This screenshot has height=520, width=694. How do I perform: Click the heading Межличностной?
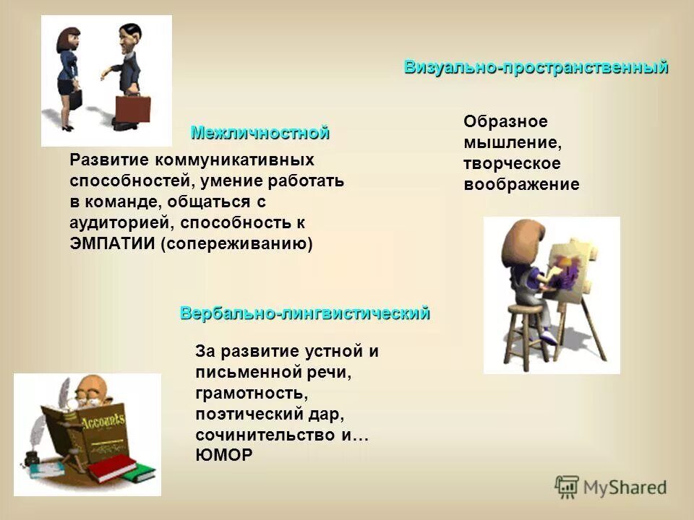[x=260, y=133]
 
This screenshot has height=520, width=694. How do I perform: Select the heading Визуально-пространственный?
[x=536, y=68]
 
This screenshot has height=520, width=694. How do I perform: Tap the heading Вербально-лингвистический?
[x=304, y=313]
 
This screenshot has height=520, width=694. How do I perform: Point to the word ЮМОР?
[x=224, y=455]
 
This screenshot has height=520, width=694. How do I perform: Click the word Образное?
[x=505, y=121]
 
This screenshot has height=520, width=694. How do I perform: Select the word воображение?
[x=521, y=184]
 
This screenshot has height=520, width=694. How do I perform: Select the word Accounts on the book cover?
[x=103, y=422]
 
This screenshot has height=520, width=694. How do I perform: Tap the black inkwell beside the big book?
[x=33, y=459]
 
